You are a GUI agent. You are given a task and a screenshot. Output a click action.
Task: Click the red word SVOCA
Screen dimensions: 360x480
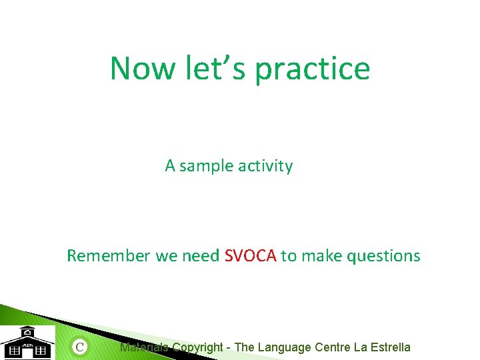point(251,256)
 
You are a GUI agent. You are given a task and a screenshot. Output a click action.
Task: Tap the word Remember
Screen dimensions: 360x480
point(109,256)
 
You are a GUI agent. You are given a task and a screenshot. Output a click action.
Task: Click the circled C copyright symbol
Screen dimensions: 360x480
point(80,346)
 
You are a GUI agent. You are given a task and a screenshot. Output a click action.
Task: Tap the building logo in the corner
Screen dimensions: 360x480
point(27,343)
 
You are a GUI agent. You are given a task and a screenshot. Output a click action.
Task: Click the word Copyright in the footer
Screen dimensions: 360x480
point(197,347)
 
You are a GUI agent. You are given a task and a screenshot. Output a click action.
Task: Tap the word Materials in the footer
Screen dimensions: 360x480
point(144,347)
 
